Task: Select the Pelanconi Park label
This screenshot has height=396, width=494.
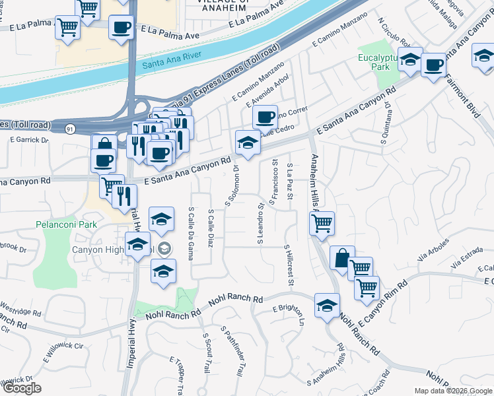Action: point(65,225)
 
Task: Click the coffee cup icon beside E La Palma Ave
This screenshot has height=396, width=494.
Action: point(121,28)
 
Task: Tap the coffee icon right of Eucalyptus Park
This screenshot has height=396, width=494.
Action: point(433,65)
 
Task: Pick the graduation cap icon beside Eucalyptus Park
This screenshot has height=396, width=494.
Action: point(409,60)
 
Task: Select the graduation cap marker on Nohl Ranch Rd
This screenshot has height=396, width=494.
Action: point(327,306)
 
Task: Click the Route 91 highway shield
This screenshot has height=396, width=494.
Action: point(70,128)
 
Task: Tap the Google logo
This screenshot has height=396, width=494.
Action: point(21,388)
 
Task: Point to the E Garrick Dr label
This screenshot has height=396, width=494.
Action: point(29,140)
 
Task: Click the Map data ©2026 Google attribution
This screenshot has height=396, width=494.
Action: point(453,391)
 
